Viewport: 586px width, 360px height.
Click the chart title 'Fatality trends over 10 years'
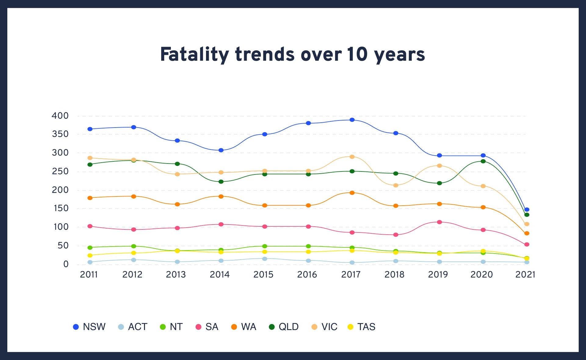tap(292, 54)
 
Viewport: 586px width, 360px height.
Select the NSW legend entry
tap(89, 327)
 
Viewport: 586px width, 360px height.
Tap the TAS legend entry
tap(362, 327)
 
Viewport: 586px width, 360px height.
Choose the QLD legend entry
tap(284, 327)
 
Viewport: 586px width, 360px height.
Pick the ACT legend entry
tap(133, 327)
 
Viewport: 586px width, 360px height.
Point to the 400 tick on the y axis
tap(60, 116)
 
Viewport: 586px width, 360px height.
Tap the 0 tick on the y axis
tap(66, 264)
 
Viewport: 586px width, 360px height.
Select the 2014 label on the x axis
tap(219, 275)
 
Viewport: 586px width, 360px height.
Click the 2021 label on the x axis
tap(525, 275)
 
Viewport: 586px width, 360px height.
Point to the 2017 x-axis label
tap(351, 275)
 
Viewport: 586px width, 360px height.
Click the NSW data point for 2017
tap(352, 120)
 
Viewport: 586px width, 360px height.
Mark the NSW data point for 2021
tap(526, 210)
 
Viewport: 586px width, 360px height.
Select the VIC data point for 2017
tap(352, 157)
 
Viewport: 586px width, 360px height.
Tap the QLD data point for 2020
tap(483, 161)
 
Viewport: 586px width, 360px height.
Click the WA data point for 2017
tap(352, 193)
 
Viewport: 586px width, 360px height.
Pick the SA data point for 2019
tap(439, 222)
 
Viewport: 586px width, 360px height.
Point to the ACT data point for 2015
tap(265, 259)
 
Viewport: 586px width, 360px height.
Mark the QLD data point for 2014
tap(221, 182)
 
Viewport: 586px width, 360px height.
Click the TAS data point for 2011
tap(90, 255)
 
